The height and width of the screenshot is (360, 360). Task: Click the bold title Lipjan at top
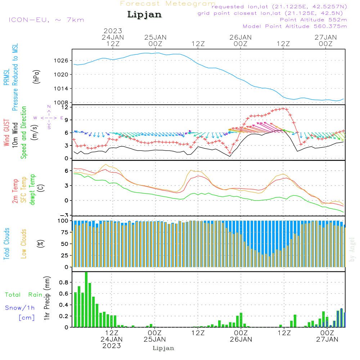coord(144,15)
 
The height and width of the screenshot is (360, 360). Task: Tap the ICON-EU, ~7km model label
coord(46,20)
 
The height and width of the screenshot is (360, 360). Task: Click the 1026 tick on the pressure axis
coord(61,60)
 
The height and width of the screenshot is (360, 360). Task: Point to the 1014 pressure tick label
coord(61,89)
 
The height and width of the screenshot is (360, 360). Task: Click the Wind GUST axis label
coord(6,132)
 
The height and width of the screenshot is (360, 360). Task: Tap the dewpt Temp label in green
coord(32,189)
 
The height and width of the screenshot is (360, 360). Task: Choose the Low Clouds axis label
coord(23,244)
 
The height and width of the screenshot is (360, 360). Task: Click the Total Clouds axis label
coord(6,244)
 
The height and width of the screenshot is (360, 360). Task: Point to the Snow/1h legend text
coord(20,308)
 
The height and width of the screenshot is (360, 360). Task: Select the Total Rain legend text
coord(24,295)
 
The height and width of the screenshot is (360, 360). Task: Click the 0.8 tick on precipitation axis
coord(64,282)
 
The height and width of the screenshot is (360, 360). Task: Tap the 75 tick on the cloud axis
coord(65,232)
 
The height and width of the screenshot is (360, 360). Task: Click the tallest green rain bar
coord(86,300)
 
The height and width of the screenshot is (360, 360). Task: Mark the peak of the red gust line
coord(283,108)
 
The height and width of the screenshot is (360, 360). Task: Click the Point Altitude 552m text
coord(314,20)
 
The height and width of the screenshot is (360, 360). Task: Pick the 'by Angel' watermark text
coord(352,249)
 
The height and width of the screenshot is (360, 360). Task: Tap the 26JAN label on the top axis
coord(240,37)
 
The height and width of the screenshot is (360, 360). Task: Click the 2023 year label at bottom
coord(112,346)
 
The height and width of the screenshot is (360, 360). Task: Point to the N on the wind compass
coord(49,107)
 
